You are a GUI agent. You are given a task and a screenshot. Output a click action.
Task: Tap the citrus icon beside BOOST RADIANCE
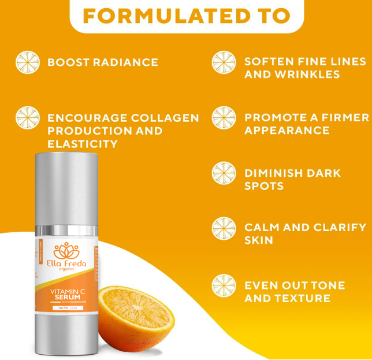(x=27, y=62)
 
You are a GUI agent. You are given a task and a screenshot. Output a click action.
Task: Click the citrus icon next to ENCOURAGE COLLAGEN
(x=27, y=118)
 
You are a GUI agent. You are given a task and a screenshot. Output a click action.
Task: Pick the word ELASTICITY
(x=83, y=144)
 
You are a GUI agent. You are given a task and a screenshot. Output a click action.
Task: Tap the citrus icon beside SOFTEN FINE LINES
(x=224, y=62)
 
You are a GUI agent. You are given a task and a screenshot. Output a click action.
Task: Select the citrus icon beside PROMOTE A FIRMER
(x=224, y=118)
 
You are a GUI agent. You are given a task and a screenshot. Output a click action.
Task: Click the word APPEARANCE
(x=287, y=131)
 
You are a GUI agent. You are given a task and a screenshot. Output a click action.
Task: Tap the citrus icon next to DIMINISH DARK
(x=224, y=173)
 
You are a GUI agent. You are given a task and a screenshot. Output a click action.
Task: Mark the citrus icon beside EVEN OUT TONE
(x=224, y=285)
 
